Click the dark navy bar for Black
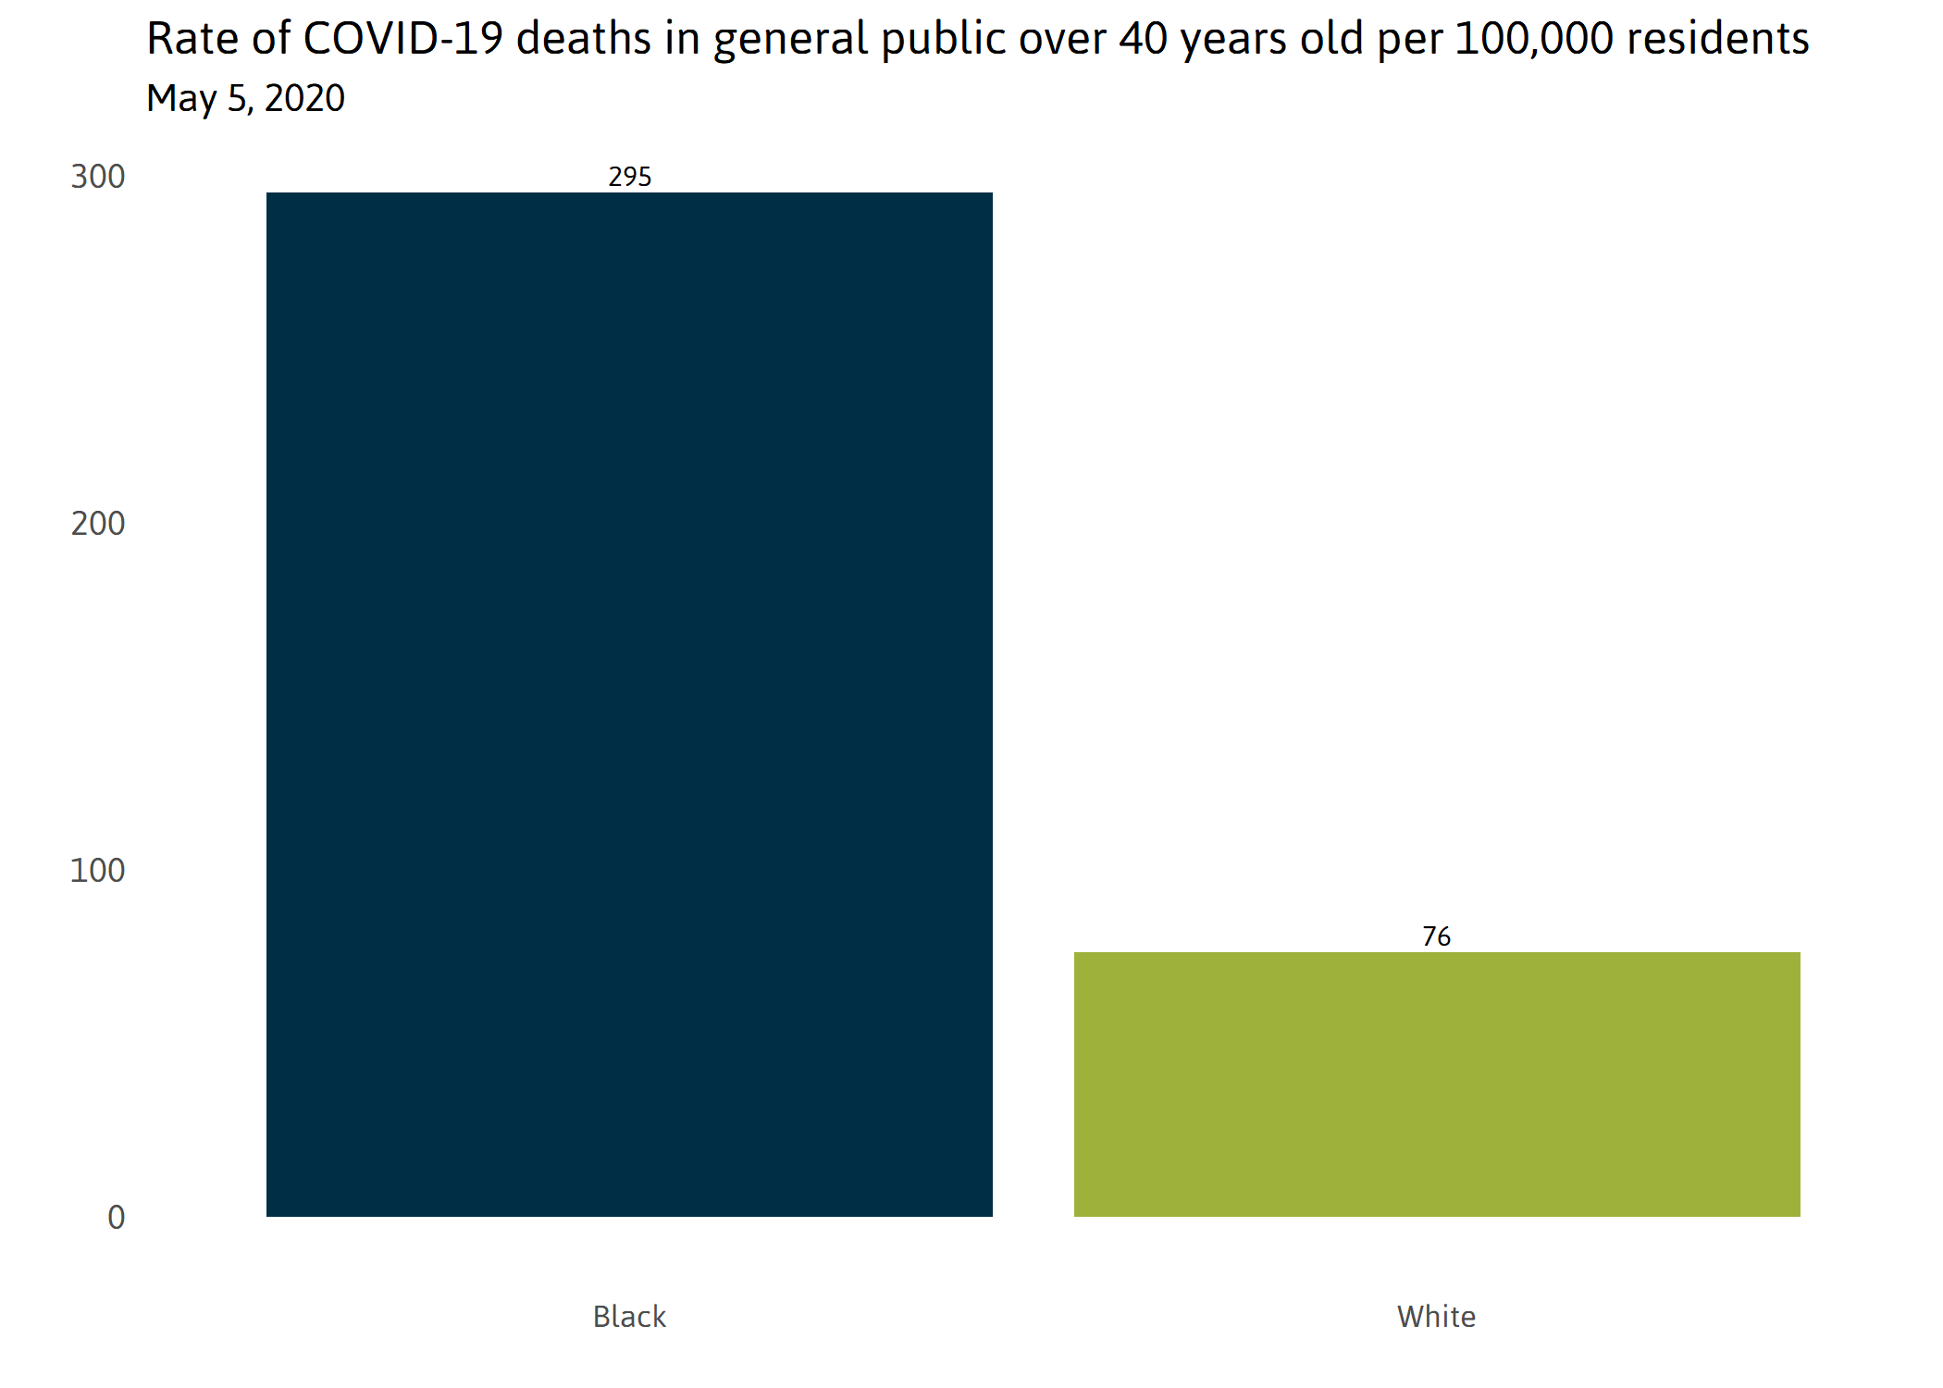[629, 703]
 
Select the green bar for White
[1437, 1084]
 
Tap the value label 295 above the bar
[629, 177]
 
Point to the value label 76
[1436, 936]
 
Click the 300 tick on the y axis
[98, 177]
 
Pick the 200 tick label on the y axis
[98, 524]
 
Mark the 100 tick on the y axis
[98, 871]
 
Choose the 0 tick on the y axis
[116, 1218]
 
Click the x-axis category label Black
[629, 1316]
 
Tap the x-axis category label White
[1436, 1316]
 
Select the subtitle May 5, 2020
[245, 98]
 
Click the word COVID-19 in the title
[402, 39]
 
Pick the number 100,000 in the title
[1534, 39]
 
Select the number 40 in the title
[1143, 39]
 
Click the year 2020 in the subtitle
[304, 98]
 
